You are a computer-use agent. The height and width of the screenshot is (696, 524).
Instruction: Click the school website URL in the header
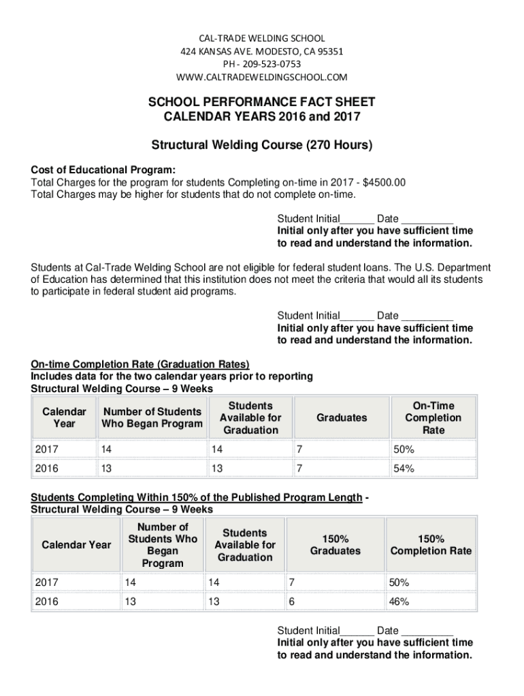262,76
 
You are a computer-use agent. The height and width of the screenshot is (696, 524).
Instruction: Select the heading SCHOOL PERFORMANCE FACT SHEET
262,103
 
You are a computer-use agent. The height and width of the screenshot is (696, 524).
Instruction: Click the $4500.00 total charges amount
384,182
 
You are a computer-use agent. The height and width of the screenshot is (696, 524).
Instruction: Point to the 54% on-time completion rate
399,468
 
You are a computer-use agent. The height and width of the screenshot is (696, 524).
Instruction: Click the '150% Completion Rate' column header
431,544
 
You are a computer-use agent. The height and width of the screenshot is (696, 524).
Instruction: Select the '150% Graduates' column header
335,544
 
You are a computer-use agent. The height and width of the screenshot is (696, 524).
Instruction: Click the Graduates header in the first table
342,418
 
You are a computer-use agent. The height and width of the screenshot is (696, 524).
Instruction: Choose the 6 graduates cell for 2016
292,602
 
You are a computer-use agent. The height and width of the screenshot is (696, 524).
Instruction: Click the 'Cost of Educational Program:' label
103,170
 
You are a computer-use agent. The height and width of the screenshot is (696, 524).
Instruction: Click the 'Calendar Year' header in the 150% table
76,544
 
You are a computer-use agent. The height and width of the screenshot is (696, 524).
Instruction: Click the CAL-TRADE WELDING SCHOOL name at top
262,38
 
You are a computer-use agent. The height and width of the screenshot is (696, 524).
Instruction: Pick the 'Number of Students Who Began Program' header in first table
152,418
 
